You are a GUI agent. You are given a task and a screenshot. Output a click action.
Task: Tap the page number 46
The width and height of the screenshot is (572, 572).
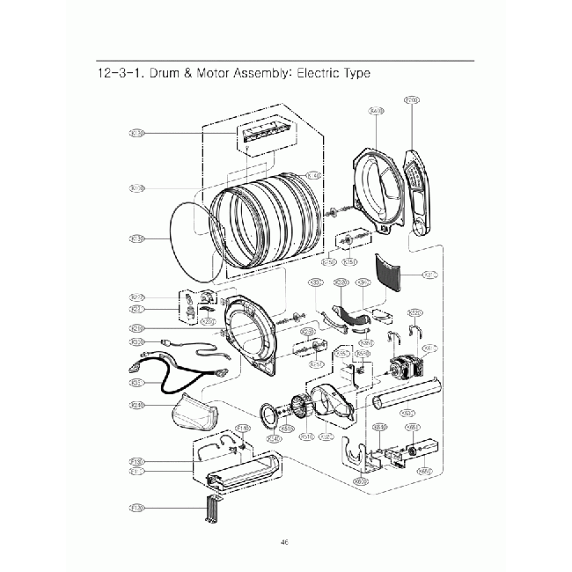click(x=284, y=542)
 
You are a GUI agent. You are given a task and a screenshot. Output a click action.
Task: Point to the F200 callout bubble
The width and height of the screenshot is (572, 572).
click(x=411, y=101)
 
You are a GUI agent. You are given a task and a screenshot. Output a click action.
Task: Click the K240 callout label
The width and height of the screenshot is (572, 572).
click(x=136, y=405)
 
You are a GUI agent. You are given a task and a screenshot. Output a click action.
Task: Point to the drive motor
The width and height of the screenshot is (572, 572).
click(x=403, y=369)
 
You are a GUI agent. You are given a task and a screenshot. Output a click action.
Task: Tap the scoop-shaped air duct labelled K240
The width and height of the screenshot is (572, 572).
click(x=194, y=412)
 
